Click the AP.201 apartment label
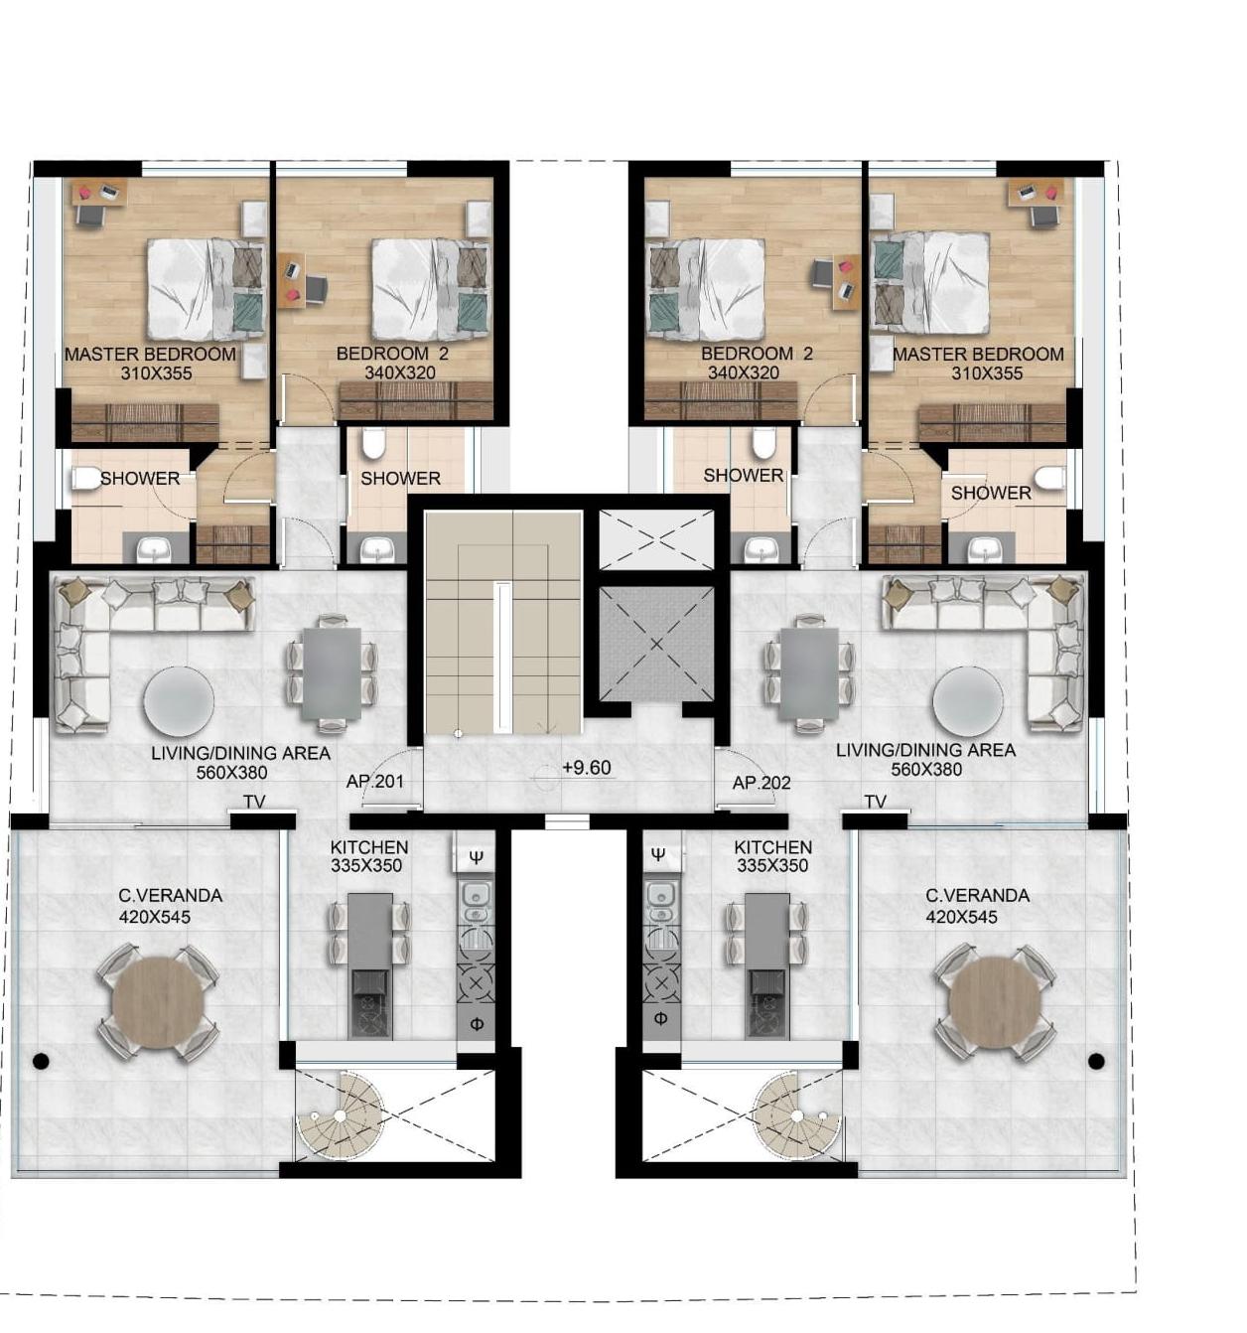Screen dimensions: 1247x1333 (x=374, y=782)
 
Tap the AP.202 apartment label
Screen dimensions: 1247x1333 (x=762, y=783)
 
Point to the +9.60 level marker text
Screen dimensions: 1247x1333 (x=587, y=767)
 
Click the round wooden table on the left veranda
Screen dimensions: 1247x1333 (x=158, y=1003)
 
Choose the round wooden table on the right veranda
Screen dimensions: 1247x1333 (x=996, y=1003)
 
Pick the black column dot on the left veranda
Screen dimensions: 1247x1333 (x=41, y=1061)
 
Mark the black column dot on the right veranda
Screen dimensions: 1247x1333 (x=1096, y=1061)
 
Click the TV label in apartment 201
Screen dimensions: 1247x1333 (x=254, y=802)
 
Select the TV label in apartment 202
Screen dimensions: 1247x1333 (x=875, y=802)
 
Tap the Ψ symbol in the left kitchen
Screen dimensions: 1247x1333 (x=476, y=856)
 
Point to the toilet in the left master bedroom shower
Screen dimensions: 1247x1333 (x=86, y=479)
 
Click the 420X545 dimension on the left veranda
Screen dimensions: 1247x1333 (x=154, y=917)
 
